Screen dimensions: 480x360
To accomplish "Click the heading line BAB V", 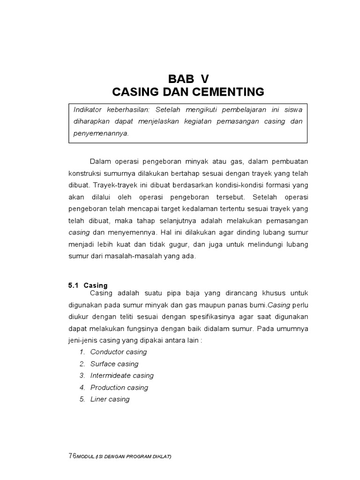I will point(190,78).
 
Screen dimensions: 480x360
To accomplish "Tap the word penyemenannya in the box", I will point(101,133).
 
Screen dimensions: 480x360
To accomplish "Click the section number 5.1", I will point(73,285).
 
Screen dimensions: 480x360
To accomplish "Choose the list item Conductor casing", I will point(119,352).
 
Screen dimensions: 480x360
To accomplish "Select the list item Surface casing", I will point(114,364).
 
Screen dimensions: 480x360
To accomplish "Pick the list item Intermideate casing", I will point(122,375).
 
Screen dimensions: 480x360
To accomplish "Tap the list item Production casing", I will point(119,387).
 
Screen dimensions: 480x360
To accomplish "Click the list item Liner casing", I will point(110,399).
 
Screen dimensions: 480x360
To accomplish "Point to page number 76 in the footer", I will point(72,456).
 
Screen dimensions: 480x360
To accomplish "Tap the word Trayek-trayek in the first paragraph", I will point(113,185).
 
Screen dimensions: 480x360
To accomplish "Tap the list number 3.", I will point(82,375).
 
